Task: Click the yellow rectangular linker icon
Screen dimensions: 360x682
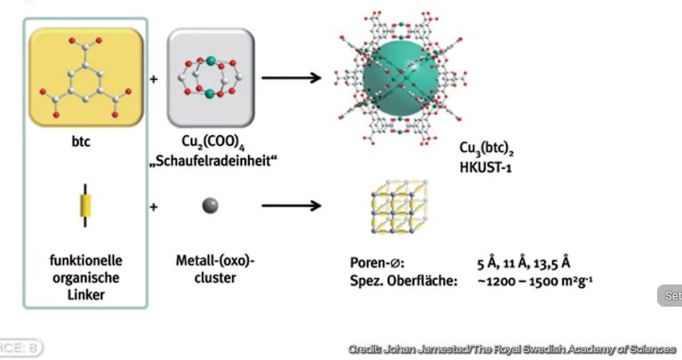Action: coord(86,206)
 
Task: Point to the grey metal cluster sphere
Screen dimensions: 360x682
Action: coord(211,206)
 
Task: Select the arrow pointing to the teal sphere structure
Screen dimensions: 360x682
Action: coord(291,77)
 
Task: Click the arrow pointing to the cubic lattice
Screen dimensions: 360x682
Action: coord(291,206)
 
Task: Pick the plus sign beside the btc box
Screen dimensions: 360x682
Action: coord(154,78)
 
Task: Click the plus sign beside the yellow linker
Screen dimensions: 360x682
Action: coord(154,207)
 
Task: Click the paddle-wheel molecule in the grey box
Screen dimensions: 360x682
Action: coord(211,76)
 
